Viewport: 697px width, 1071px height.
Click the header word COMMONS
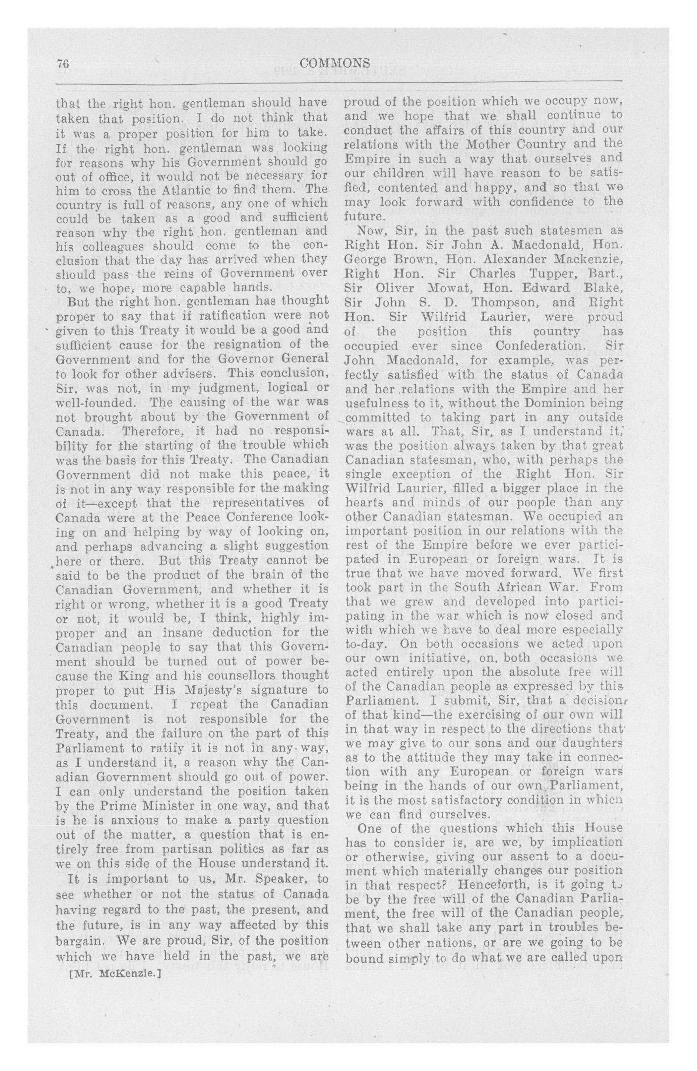[335, 63]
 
